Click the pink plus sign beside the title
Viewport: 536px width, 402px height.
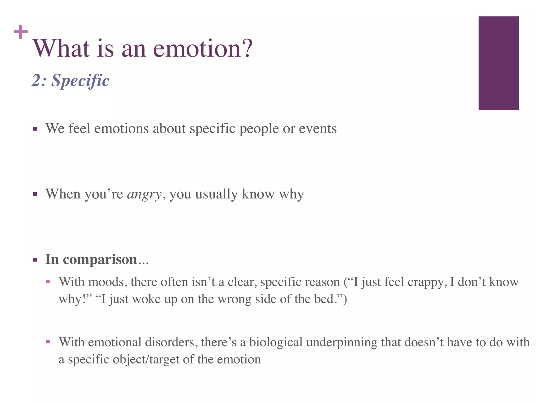tap(21, 32)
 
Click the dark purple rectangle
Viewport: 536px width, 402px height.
tap(498, 63)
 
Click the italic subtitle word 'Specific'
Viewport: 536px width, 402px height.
tap(80, 80)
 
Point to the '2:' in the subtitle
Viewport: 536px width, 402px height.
tap(39, 80)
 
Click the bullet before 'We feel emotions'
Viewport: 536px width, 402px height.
tap(35, 129)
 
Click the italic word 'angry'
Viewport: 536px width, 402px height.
tap(144, 194)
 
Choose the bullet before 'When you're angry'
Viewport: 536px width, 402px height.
tap(35, 194)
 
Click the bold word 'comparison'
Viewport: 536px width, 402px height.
tap(100, 259)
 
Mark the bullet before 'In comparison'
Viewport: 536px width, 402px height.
tap(35, 260)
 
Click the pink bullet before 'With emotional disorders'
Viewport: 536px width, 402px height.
tap(48, 342)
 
